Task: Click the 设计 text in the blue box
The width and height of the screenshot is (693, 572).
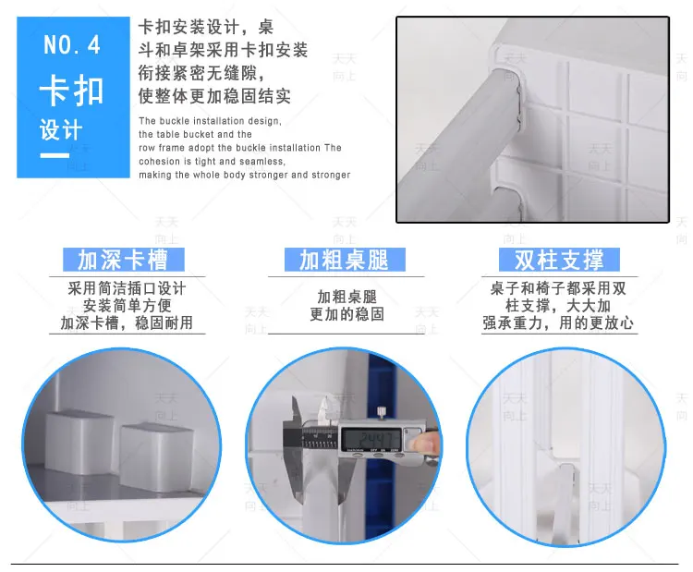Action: [x=61, y=130]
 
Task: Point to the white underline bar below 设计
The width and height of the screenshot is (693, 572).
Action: [x=55, y=154]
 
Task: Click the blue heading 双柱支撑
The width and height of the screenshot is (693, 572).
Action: [x=560, y=259]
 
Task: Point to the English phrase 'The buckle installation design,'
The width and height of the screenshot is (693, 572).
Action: [x=210, y=121]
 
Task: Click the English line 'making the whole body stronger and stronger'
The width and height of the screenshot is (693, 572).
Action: [x=245, y=175]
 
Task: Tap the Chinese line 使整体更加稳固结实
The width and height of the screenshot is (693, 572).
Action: [x=214, y=96]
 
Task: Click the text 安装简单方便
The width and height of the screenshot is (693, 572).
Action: [x=128, y=305]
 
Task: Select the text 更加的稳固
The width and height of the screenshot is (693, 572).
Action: [x=346, y=314]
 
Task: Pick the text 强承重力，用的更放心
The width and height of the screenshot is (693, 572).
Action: [x=559, y=323]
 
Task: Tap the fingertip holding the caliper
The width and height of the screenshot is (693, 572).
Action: [x=423, y=445]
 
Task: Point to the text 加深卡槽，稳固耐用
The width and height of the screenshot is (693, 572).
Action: [x=128, y=323]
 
